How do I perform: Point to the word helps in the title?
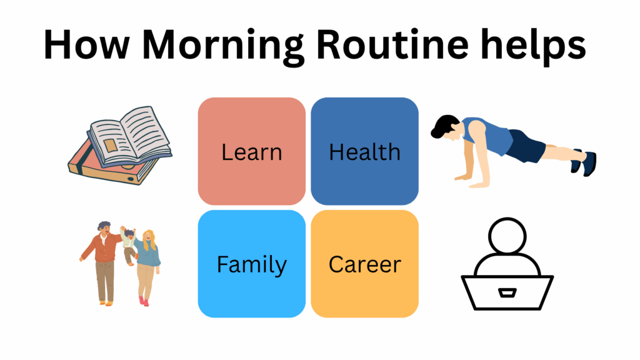534,45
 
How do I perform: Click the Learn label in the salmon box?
251,152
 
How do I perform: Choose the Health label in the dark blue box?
364,152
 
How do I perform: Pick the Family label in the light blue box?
251,264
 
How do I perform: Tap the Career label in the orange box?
364,264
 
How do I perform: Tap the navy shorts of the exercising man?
524,147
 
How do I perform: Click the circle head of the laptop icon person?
507,237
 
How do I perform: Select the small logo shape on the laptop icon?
507,292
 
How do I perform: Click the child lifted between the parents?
129,244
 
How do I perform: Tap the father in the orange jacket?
105,259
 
